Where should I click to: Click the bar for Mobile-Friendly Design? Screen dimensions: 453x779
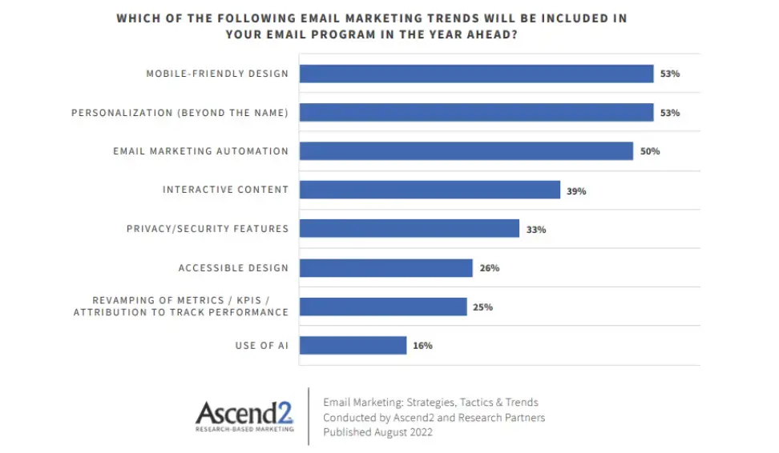pos(476,74)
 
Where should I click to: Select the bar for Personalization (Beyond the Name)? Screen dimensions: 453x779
pos(476,113)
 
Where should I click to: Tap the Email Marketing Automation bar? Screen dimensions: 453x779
pos(466,151)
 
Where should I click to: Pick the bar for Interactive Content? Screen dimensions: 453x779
pos(430,190)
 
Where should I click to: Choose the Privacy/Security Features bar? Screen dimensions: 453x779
pos(409,229)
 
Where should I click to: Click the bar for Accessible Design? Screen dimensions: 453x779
pos(385,267)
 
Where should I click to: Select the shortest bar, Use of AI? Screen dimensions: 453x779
pos(353,345)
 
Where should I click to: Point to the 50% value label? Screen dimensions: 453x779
pos(650,151)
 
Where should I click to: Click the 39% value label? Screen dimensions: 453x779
pos(576,190)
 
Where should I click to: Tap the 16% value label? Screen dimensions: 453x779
pos(423,346)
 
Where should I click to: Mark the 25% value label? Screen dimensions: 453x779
pos(482,307)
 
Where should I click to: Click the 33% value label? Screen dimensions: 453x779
pos(536,230)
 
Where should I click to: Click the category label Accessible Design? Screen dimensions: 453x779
pos(232,267)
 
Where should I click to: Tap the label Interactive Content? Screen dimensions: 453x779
pos(225,190)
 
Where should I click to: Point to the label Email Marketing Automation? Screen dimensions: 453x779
pos(200,151)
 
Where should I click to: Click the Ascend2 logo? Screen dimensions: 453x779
pos(244,412)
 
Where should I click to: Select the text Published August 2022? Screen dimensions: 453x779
pos(377,432)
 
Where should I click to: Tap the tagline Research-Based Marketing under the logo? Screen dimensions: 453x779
pos(244,429)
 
